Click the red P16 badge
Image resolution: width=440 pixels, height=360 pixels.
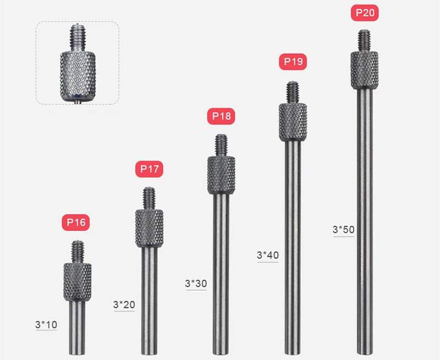[x=76, y=223]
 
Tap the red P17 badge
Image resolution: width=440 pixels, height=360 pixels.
[x=149, y=169]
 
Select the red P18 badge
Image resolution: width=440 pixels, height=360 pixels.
[x=221, y=116]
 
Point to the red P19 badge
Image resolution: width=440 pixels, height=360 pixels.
[x=293, y=62]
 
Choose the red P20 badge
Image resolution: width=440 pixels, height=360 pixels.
[x=365, y=13]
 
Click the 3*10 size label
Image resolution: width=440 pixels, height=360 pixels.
[x=46, y=325]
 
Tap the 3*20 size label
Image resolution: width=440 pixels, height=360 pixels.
[x=124, y=304]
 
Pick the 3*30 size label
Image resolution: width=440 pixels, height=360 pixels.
[x=196, y=284]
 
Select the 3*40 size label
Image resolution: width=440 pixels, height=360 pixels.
[x=268, y=255]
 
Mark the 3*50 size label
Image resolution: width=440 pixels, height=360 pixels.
[x=343, y=230]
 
